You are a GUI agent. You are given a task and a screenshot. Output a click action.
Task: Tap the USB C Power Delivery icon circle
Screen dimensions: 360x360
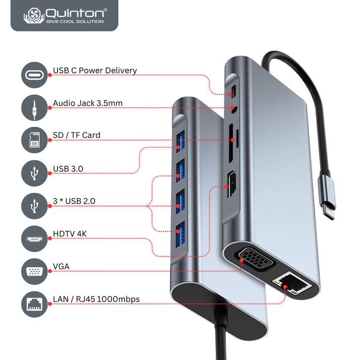pos(34,75)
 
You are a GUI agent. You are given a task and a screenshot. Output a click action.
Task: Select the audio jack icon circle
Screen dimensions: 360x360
pos(34,107)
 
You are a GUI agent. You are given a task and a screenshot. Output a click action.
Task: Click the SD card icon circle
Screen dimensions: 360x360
pos(34,140)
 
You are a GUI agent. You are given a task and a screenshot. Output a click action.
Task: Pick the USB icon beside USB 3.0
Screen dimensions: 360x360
pos(34,173)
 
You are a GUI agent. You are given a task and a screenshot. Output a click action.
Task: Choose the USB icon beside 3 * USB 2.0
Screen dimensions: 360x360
pos(34,205)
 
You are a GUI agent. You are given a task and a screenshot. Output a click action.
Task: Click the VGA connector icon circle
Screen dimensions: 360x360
pos(34,271)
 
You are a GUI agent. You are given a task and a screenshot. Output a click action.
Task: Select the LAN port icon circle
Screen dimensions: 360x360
pos(34,303)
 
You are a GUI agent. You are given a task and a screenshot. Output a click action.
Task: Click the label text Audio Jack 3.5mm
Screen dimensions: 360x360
pos(88,104)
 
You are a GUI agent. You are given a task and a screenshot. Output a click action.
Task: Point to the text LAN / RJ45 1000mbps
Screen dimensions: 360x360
pos(96,299)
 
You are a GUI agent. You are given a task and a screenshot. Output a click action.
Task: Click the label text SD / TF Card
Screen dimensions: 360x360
pos(76,135)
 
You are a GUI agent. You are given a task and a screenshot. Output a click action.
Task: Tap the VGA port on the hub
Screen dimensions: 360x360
pos(254,258)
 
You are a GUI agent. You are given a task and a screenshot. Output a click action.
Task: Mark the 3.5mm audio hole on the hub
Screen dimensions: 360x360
pos(234,108)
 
